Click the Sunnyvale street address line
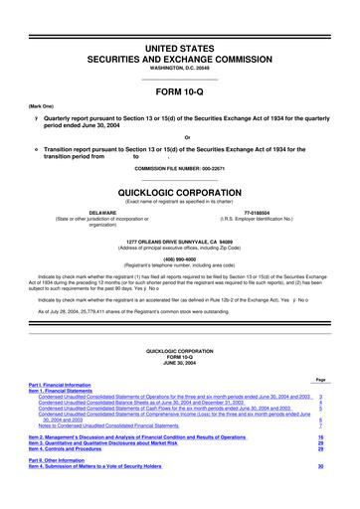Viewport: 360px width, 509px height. tap(180, 239)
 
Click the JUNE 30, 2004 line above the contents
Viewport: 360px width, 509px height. tap(180, 392)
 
